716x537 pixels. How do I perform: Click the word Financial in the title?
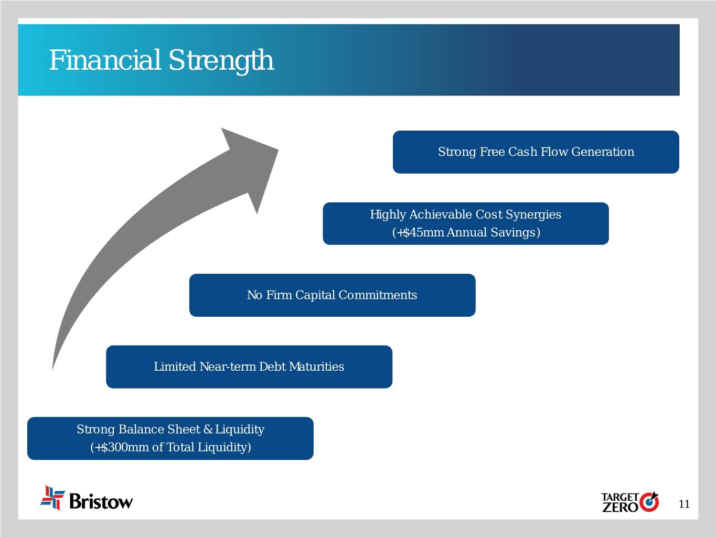[105, 60]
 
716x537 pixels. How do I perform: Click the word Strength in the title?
[221, 61]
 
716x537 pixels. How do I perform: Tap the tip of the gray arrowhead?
[278, 150]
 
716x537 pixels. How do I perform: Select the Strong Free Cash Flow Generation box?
[536, 152]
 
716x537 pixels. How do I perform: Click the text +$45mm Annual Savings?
[466, 232]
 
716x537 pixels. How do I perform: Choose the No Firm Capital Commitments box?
[332, 295]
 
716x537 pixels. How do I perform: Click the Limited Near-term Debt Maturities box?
[249, 367]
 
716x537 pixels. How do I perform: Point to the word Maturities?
[316, 367]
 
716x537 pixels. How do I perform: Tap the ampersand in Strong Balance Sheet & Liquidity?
[208, 429]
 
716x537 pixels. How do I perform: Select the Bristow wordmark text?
[101, 501]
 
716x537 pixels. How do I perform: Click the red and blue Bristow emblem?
[52, 498]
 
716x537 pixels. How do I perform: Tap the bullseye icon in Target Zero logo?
[649, 502]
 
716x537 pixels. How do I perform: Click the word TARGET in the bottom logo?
[620, 497]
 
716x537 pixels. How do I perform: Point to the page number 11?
[684, 504]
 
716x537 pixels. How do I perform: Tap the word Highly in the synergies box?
[388, 215]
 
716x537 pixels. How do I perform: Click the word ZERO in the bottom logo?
[620, 507]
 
